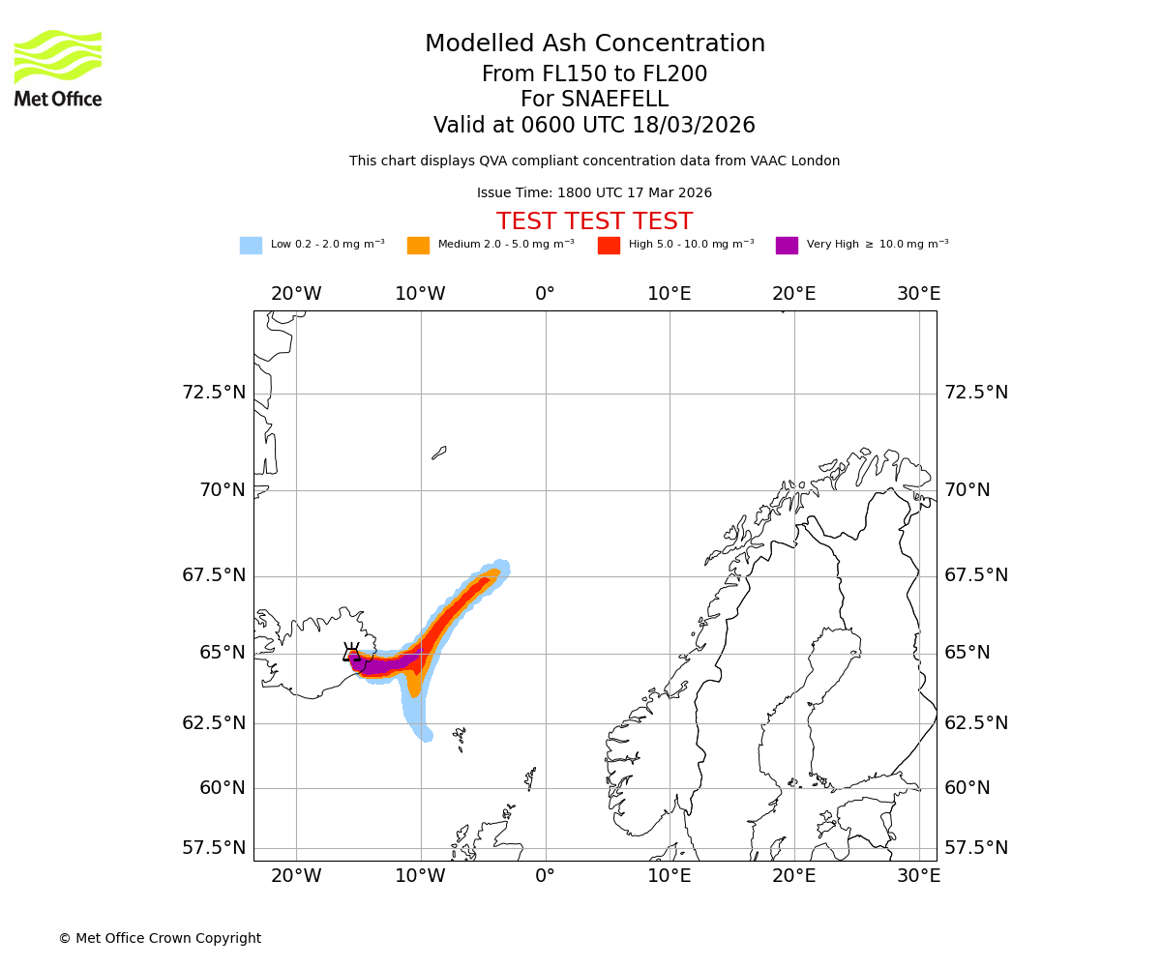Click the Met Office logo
[x=58, y=68]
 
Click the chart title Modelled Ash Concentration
[x=594, y=44]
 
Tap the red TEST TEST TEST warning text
[x=594, y=221]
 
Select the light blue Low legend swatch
[x=251, y=246]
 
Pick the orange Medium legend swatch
[x=418, y=246]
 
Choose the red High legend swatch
[x=609, y=246]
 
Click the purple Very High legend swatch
[x=787, y=246]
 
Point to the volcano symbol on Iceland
[x=352, y=653]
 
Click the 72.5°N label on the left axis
[x=214, y=393]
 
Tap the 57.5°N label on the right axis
[x=976, y=848]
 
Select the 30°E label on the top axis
[x=918, y=294]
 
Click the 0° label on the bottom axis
[x=546, y=876]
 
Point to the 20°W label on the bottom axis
[x=296, y=876]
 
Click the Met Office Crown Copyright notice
[x=160, y=939]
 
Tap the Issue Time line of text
[x=594, y=193]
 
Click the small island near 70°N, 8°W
[x=439, y=453]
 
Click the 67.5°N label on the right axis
[x=976, y=575]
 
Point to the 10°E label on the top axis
[x=670, y=294]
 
